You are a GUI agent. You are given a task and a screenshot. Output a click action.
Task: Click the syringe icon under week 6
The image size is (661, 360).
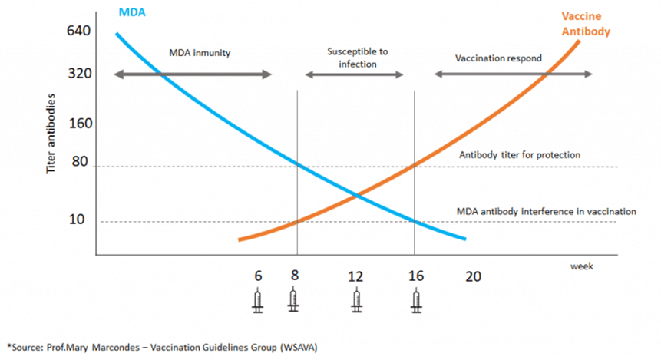(x=258, y=301)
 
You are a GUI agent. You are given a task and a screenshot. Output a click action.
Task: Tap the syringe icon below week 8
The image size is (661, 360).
(x=293, y=301)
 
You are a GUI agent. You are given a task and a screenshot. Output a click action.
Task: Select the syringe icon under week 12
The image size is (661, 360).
(x=356, y=301)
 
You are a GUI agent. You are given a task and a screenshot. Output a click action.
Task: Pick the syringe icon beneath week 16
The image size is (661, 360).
(x=416, y=301)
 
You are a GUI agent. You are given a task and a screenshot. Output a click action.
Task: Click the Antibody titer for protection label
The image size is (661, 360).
(x=520, y=155)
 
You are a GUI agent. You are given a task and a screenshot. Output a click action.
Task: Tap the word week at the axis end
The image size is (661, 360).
(x=582, y=265)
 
